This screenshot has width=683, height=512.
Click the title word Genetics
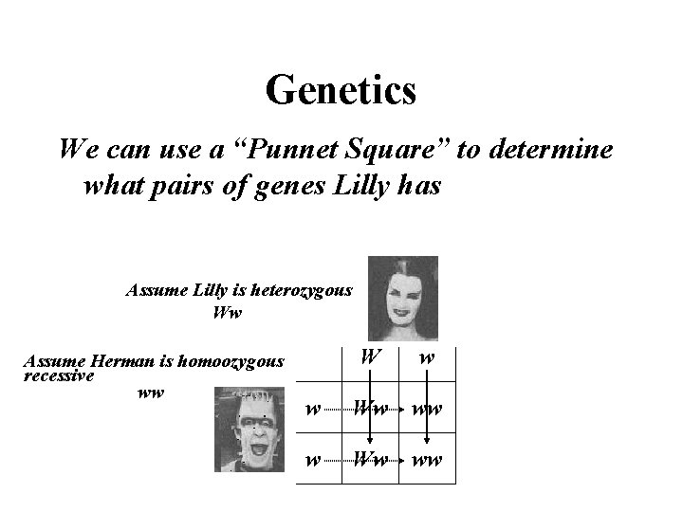pyautogui.click(x=341, y=91)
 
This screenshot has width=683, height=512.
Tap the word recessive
pyautogui.click(x=57, y=375)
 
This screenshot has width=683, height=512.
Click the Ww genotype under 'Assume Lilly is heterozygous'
pyautogui.click(x=229, y=311)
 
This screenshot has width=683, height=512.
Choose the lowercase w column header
pyautogui.click(x=427, y=359)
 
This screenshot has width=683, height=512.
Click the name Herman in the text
pyautogui.click(x=120, y=360)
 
